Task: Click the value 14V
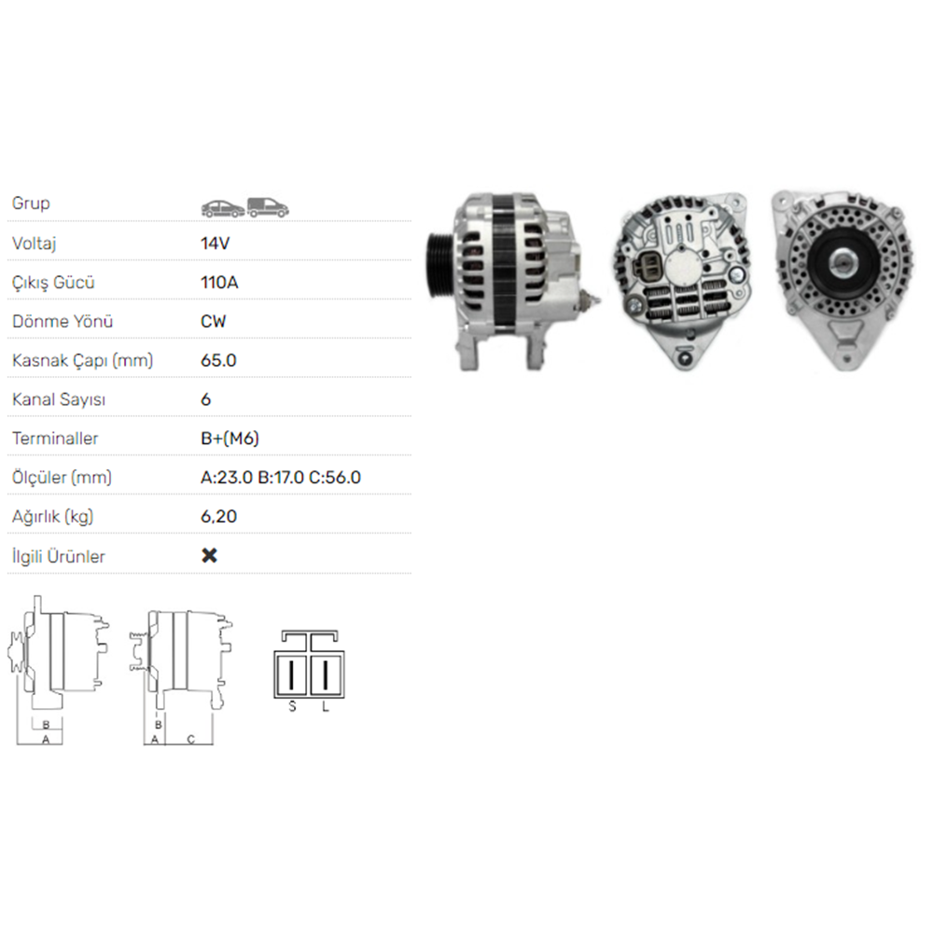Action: tap(215, 244)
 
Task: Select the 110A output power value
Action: tap(219, 282)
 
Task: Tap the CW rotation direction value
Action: tap(213, 321)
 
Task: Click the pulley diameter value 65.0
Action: tap(218, 360)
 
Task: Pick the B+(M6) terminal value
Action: tap(230, 439)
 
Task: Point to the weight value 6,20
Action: tap(218, 517)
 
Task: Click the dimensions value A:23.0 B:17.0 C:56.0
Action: tap(281, 477)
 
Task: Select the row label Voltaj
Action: tap(34, 244)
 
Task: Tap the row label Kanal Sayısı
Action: tap(58, 399)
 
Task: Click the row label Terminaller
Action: tap(55, 439)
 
